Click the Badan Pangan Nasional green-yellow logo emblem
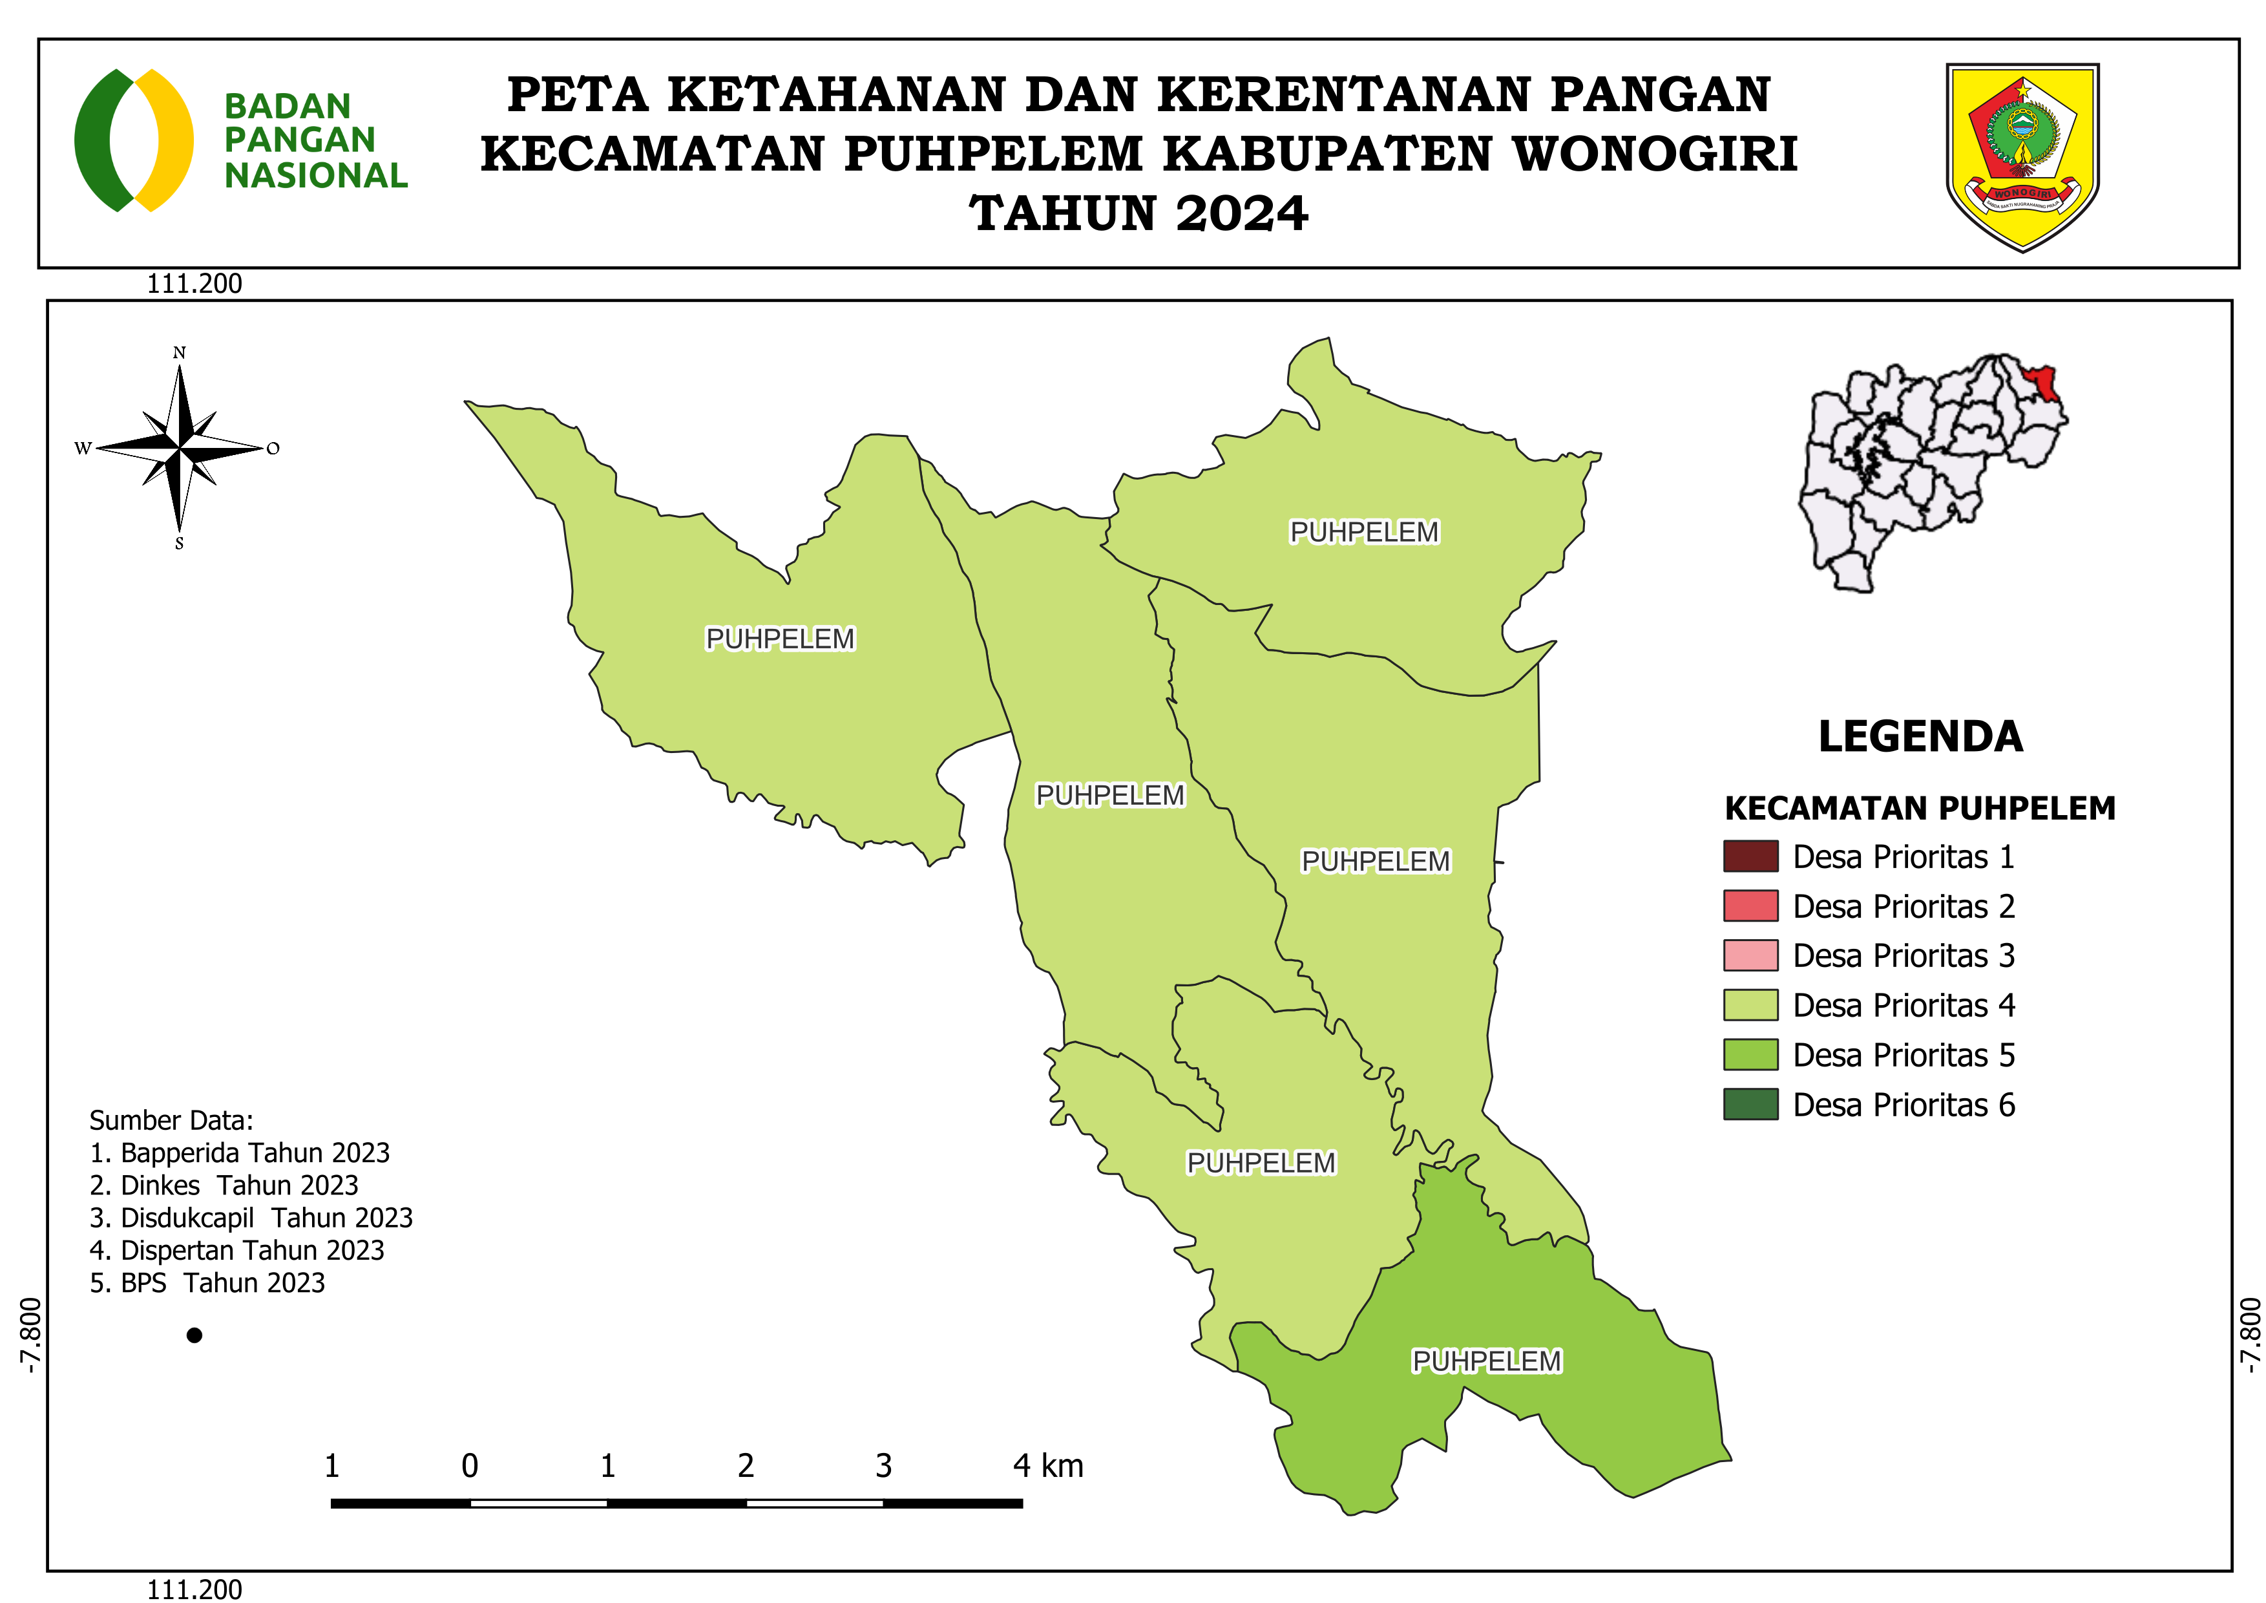click(134, 140)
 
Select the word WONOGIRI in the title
click(1655, 154)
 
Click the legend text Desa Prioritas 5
click(1903, 1055)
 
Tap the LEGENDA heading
click(1920, 736)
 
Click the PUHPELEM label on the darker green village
click(1486, 1361)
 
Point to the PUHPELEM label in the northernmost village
click(1364, 532)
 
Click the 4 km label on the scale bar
click(1047, 1466)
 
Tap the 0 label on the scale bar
click(470, 1466)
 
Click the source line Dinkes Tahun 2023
click(224, 1185)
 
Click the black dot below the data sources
click(194, 1335)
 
